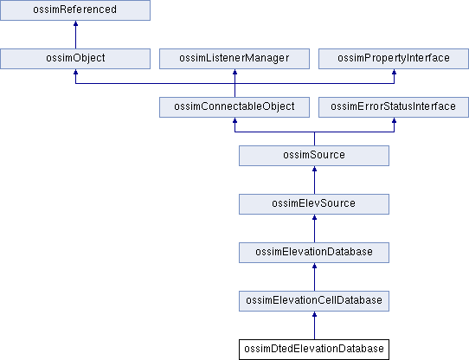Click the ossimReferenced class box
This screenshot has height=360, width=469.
(x=75, y=10)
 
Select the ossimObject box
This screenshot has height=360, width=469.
(x=75, y=59)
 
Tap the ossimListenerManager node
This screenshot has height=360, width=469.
(x=234, y=59)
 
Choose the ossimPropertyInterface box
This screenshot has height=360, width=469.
(x=394, y=59)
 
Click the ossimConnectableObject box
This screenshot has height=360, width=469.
(x=234, y=107)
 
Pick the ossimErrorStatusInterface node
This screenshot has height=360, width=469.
(x=394, y=107)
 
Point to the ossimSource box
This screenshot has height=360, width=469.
(x=314, y=156)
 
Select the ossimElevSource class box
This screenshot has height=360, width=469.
(x=314, y=204)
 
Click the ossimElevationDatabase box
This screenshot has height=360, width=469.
(x=314, y=253)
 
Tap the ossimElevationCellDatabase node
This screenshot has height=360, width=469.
(x=314, y=301)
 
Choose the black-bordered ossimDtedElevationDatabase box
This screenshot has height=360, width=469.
(x=314, y=350)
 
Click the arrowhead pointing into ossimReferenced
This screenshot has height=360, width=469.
(x=75, y=23)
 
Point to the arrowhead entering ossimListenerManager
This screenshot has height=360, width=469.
(x=234, y=72)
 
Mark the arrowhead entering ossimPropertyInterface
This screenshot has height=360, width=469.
(x=395, y=72)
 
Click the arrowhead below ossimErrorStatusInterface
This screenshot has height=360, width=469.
(x=395, y=120)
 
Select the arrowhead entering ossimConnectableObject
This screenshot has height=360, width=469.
(x=234, y=120)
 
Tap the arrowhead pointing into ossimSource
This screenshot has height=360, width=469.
(x=314, y=169)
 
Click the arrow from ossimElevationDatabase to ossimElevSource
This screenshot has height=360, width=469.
(x=314, y=228)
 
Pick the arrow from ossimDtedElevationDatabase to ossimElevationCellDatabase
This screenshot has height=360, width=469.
(x=314, y=325)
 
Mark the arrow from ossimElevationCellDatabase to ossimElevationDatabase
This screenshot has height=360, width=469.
(x=314, y=277)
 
